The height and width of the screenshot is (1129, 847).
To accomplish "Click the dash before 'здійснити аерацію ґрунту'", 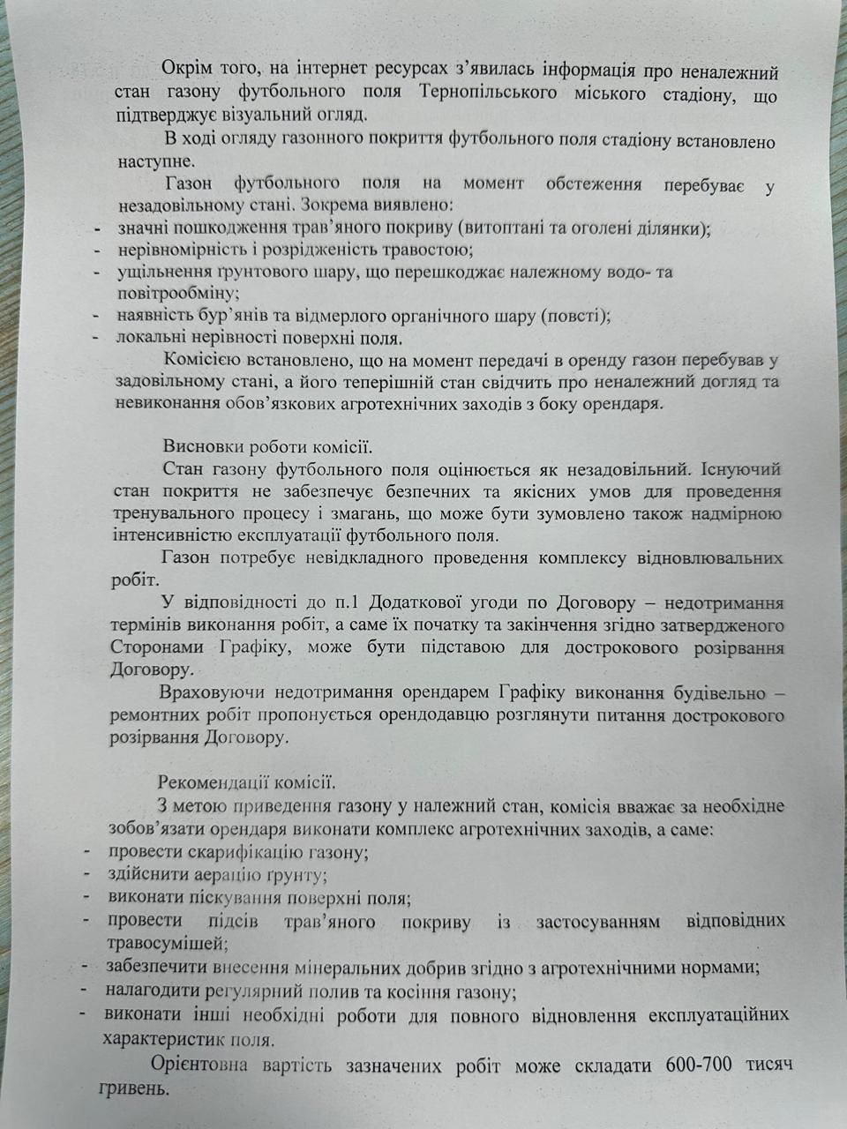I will [x=87, y=874].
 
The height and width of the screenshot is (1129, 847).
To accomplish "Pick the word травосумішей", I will [x=166, y=944].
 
